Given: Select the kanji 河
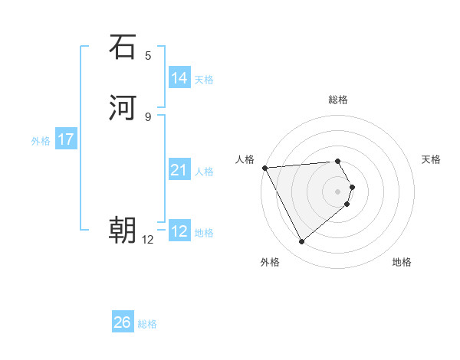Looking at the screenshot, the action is pos(123,107).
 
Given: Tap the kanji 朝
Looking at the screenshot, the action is pos(123,229).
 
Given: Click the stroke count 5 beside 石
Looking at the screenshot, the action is pos(148,56).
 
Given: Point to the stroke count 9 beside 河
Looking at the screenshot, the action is pos(148,116).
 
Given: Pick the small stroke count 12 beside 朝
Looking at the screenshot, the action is pos(148,240).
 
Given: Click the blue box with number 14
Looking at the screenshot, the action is pos(179,78).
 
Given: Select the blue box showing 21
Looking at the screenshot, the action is pos(179,170).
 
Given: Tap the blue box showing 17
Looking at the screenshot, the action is pos(65,139).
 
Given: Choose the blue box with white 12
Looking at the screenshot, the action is pos(179,231).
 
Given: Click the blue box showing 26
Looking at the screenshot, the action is pos(122,322).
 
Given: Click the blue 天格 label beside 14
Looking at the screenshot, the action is pos(204,79).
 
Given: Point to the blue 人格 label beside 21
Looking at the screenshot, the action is pos(204,171).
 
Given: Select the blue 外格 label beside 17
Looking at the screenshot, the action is pos(41,141).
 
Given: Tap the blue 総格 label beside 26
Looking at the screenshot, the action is pos(147,324).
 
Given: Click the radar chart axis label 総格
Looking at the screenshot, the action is pos(338,100).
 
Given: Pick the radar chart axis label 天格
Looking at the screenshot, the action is pos(432,159).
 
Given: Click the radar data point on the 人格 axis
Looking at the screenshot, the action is pos(264,167).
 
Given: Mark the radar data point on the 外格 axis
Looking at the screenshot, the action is pos(301,242).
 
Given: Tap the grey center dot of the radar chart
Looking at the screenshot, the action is pos(338,191).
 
